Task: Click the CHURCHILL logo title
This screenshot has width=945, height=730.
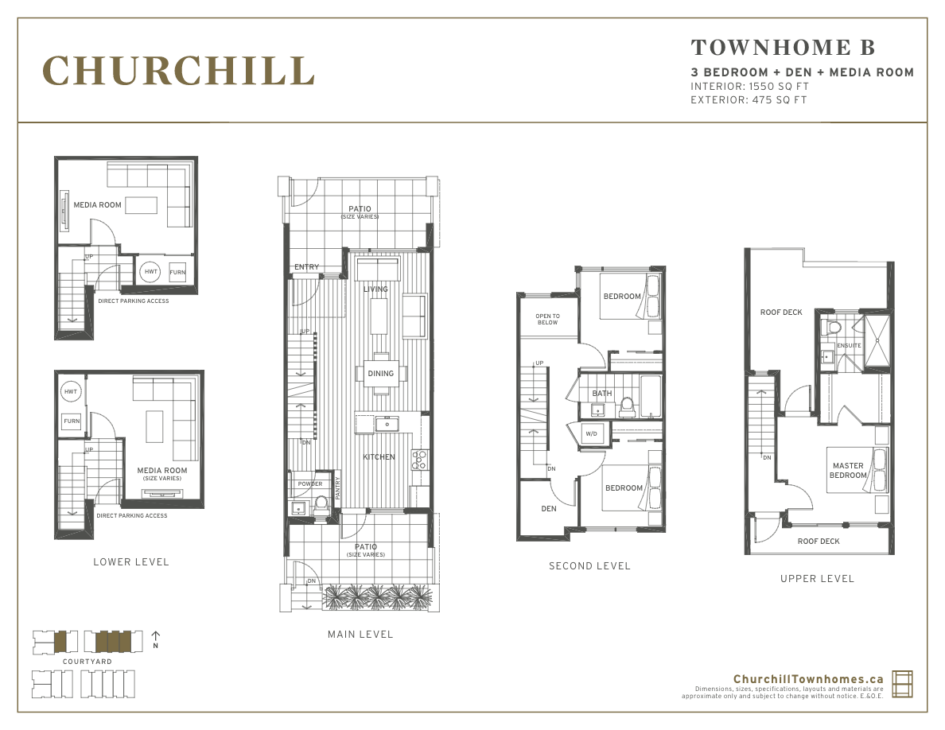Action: [178, 71]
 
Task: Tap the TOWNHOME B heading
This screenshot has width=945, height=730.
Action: [783, 48]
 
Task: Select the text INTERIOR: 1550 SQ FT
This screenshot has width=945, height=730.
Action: [749, 86]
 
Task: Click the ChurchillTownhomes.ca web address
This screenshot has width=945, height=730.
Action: [808, 678]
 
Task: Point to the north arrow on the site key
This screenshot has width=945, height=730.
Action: [156, 637]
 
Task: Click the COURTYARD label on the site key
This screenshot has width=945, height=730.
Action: [87, 662]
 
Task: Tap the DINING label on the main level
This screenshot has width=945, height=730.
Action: [380, 374]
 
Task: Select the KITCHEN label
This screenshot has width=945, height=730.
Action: [379, 457]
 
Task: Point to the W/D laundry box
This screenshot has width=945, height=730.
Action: [591, 434]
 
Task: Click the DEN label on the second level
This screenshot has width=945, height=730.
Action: [549, 508]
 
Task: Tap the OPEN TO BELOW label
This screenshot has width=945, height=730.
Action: [547, 320]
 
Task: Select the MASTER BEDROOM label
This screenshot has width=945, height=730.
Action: [848, 471]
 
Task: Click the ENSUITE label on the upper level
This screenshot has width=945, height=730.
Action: [849, 346]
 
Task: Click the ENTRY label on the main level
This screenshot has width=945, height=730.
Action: [306, 267]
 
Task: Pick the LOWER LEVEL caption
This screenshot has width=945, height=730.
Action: [131, 562]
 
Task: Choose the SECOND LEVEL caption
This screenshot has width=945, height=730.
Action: [589, 566]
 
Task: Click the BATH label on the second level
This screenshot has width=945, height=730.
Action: [601, 394]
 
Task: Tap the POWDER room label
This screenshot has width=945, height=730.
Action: [310, 484]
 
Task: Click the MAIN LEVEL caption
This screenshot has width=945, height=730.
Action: [360, 635]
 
